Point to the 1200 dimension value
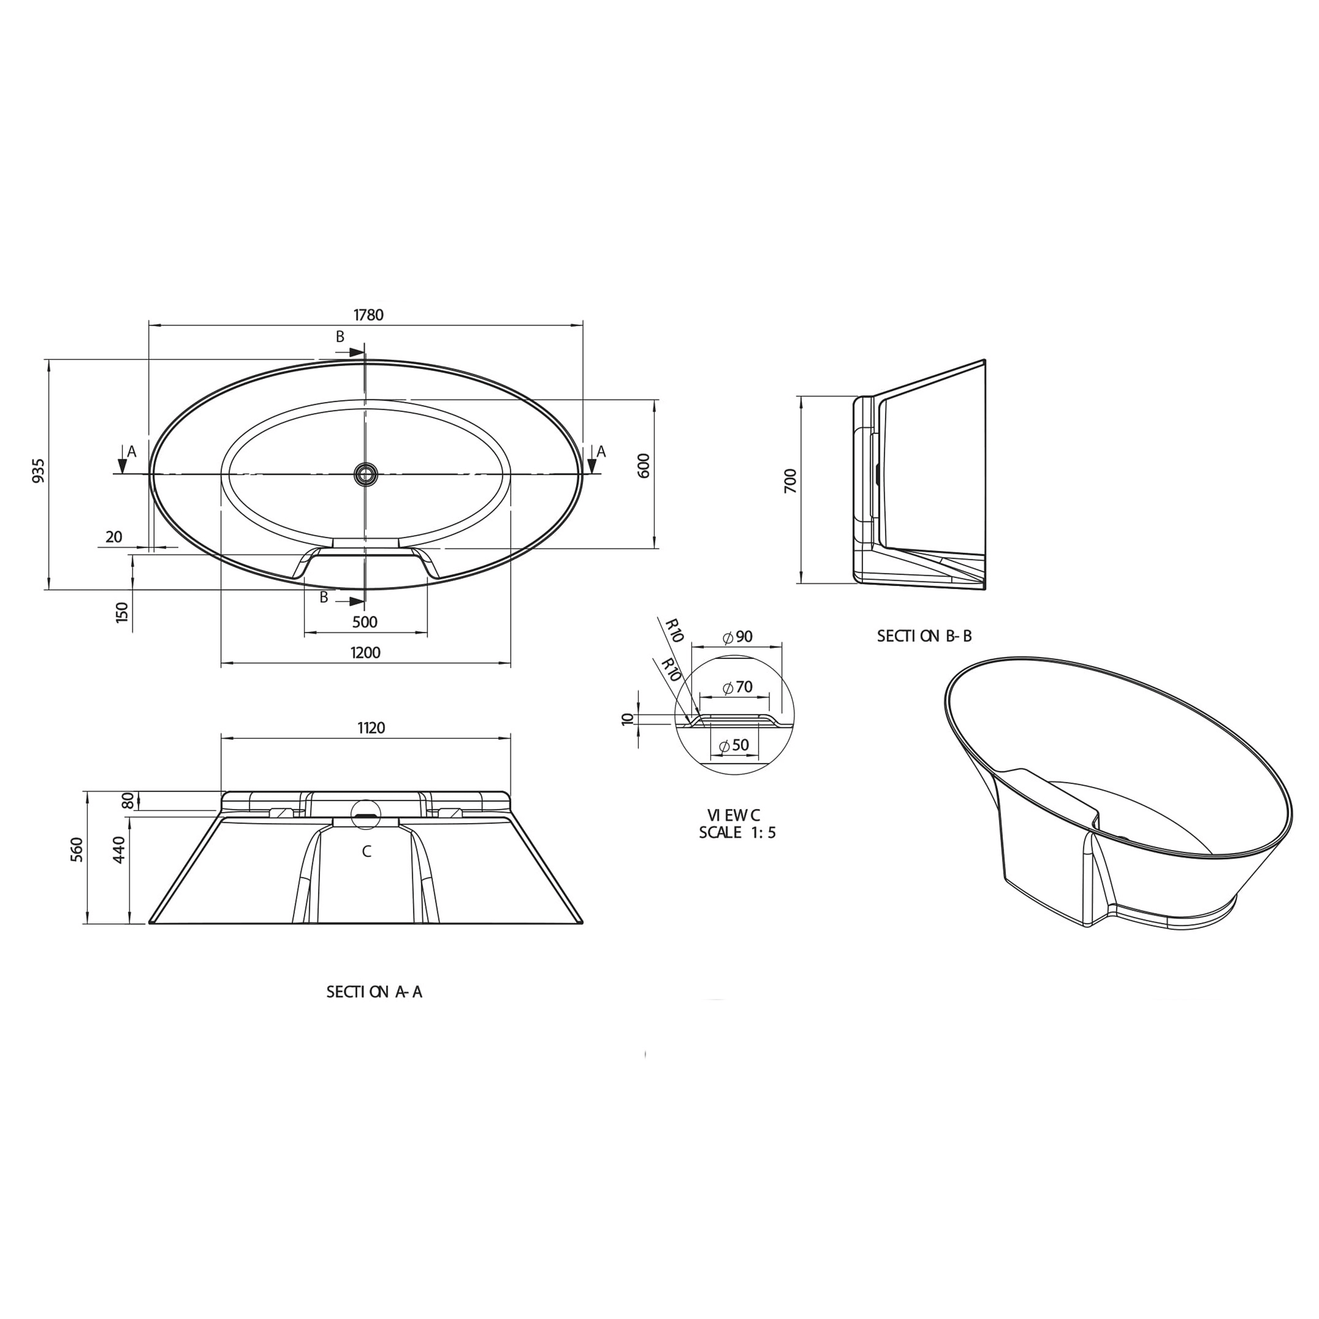[365, 652]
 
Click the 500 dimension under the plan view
[365, 622]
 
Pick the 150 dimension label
[122, 612]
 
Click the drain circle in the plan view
[365, 473]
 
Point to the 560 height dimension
[77, 849]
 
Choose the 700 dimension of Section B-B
[791, 481]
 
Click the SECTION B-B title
[924, 636]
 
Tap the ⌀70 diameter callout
[736, 688]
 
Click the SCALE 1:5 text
[736, 832]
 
